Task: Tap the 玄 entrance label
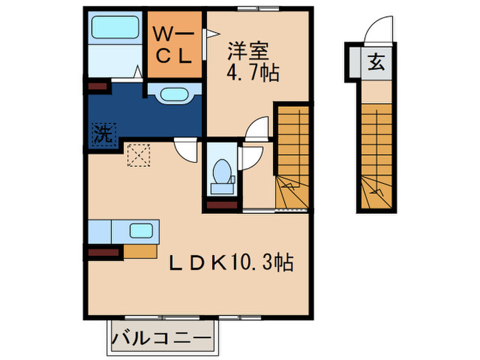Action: (376, 62)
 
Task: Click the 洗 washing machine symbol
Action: (101, 133)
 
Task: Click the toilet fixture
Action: (221, 173)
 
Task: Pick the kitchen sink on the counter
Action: (142, 231)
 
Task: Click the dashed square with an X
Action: (139, 155)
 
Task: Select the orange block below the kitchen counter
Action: (141, 251)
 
